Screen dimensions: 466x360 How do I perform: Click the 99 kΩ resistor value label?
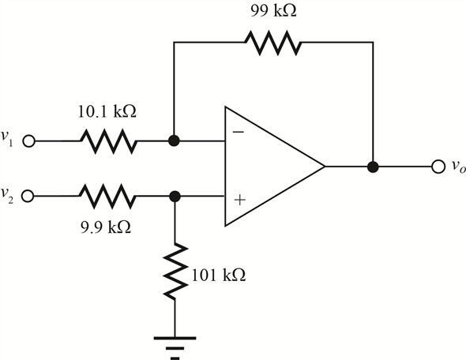coord(273,11)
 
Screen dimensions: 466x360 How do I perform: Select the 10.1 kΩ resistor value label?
coord(107,112)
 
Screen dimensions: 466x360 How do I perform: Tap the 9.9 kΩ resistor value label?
coord(106,227)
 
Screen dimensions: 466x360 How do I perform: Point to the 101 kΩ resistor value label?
coord(219,275)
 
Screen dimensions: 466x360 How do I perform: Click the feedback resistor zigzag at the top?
coord(273,43)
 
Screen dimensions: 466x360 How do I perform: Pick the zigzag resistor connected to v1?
coord(109,141)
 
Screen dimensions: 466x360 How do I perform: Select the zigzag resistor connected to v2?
coord(107,196)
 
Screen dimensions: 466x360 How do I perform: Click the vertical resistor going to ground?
coord(175,271)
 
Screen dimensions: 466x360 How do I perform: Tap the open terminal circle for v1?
coord(28,141)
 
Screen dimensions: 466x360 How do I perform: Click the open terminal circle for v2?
coord(28,196)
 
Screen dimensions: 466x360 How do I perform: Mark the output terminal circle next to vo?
coord(438,167)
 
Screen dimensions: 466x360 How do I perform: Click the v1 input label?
coord(7,138)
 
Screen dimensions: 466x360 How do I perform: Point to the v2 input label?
coord(7,195)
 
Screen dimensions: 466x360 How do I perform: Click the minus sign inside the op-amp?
coord(238,132)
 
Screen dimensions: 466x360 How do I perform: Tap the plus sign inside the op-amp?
coord(240,200)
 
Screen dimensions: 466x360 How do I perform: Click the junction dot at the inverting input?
coord(174,141)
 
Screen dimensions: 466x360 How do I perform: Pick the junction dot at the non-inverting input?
coord(175,197)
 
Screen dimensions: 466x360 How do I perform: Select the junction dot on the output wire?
coord(373,167)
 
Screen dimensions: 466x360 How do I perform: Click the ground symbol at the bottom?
coord(175,348)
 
